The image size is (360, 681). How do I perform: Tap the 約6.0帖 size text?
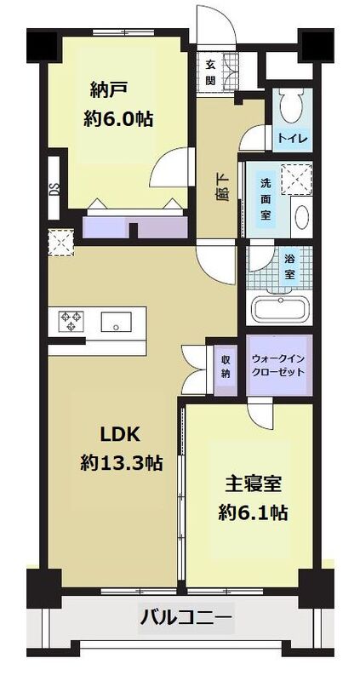(118, 119)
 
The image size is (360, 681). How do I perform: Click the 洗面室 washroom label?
(266, 200)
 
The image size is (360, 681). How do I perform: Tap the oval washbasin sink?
(301, 220)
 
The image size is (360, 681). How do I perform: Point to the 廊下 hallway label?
(221, 186)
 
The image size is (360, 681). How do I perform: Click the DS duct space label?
(54, 190)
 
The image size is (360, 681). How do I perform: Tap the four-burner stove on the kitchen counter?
(70, 321)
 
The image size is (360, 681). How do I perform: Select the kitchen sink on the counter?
(116, 322)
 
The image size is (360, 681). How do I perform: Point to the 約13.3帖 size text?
(122, 465)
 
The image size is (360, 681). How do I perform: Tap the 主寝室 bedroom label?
(253, 483)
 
